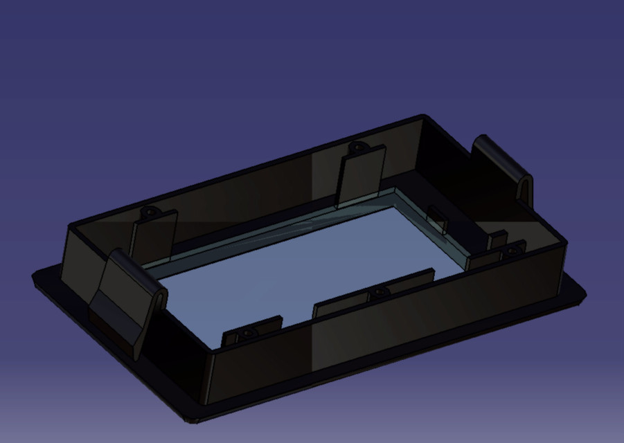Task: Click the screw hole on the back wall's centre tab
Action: click(x=357, y=147)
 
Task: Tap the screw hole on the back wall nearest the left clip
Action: click(x=148, y=210)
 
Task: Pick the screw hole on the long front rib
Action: click(x=378, y=293)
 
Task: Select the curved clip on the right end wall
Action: click(x=504, y=166)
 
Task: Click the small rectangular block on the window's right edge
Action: click(x=437, y=219)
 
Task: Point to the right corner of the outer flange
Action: click(x=584, y=293)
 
